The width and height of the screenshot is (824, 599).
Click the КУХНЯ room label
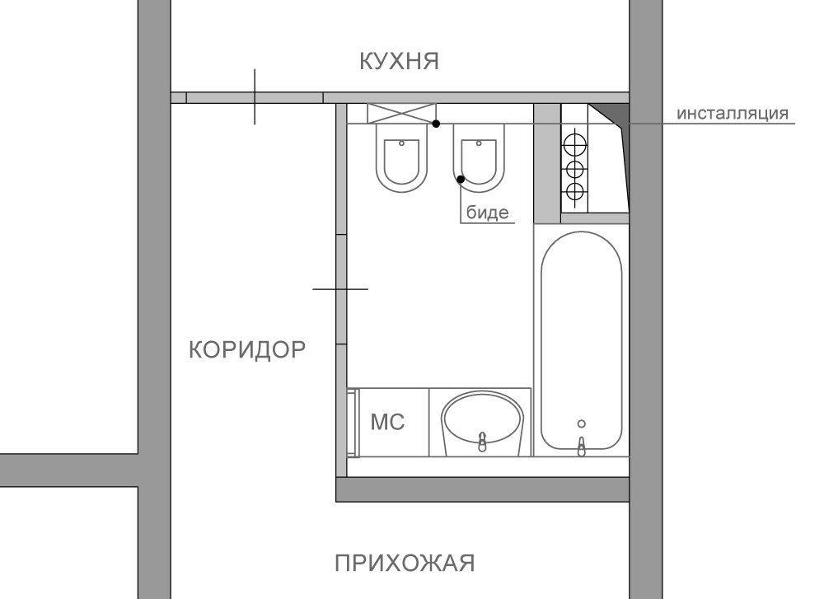point(400,61)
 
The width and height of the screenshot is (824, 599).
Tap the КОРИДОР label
point(247,349)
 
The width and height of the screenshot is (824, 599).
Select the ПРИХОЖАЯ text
point(405,564)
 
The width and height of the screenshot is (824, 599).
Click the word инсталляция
point(732,113)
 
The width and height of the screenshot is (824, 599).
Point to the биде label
point(488,213)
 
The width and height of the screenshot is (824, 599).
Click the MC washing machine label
point(388,422)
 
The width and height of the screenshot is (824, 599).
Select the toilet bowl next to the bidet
point(401,157)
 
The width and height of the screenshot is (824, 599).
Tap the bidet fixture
point(478,157)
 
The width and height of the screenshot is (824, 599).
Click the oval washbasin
point(482,423)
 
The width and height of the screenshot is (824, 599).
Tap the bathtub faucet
point(581,446)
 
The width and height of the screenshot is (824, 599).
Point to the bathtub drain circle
point(581,424)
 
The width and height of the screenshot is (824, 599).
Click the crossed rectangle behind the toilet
point(401,114)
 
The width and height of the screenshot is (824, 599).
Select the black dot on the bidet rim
point(461,179)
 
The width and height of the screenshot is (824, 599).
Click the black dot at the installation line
point(436,124)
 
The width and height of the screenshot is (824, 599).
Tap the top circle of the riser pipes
point(574,143)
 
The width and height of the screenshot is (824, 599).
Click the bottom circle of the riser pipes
point(574,192)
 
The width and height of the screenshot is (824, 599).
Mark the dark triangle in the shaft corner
point(611,114)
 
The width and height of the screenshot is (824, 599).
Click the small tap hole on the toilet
point(401,143)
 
